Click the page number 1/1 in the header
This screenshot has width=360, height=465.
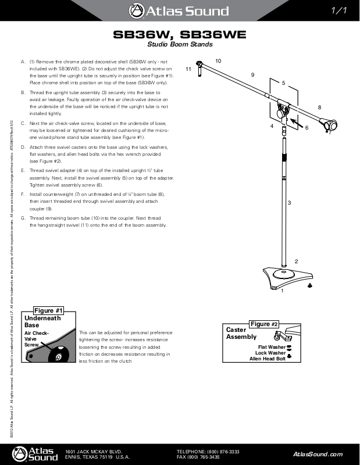pos(338,10)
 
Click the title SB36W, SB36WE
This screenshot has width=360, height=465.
pos(179,35)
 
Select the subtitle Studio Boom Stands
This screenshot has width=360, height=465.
pos(179,45)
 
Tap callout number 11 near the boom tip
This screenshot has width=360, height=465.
pos(188,69)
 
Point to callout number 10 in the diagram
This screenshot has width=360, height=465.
pos(218,61)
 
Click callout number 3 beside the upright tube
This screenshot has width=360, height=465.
pos(289,202)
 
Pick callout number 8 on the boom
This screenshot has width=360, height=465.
pos(319,108)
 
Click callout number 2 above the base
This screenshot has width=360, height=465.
pos(296,261)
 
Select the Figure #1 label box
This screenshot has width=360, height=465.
pos(48,310)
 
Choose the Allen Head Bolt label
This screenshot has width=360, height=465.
pos(268,359)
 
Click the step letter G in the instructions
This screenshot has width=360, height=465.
pos(23,219)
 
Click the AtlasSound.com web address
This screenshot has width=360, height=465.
pos(318,454)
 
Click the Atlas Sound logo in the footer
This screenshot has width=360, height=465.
pos(36,453)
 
